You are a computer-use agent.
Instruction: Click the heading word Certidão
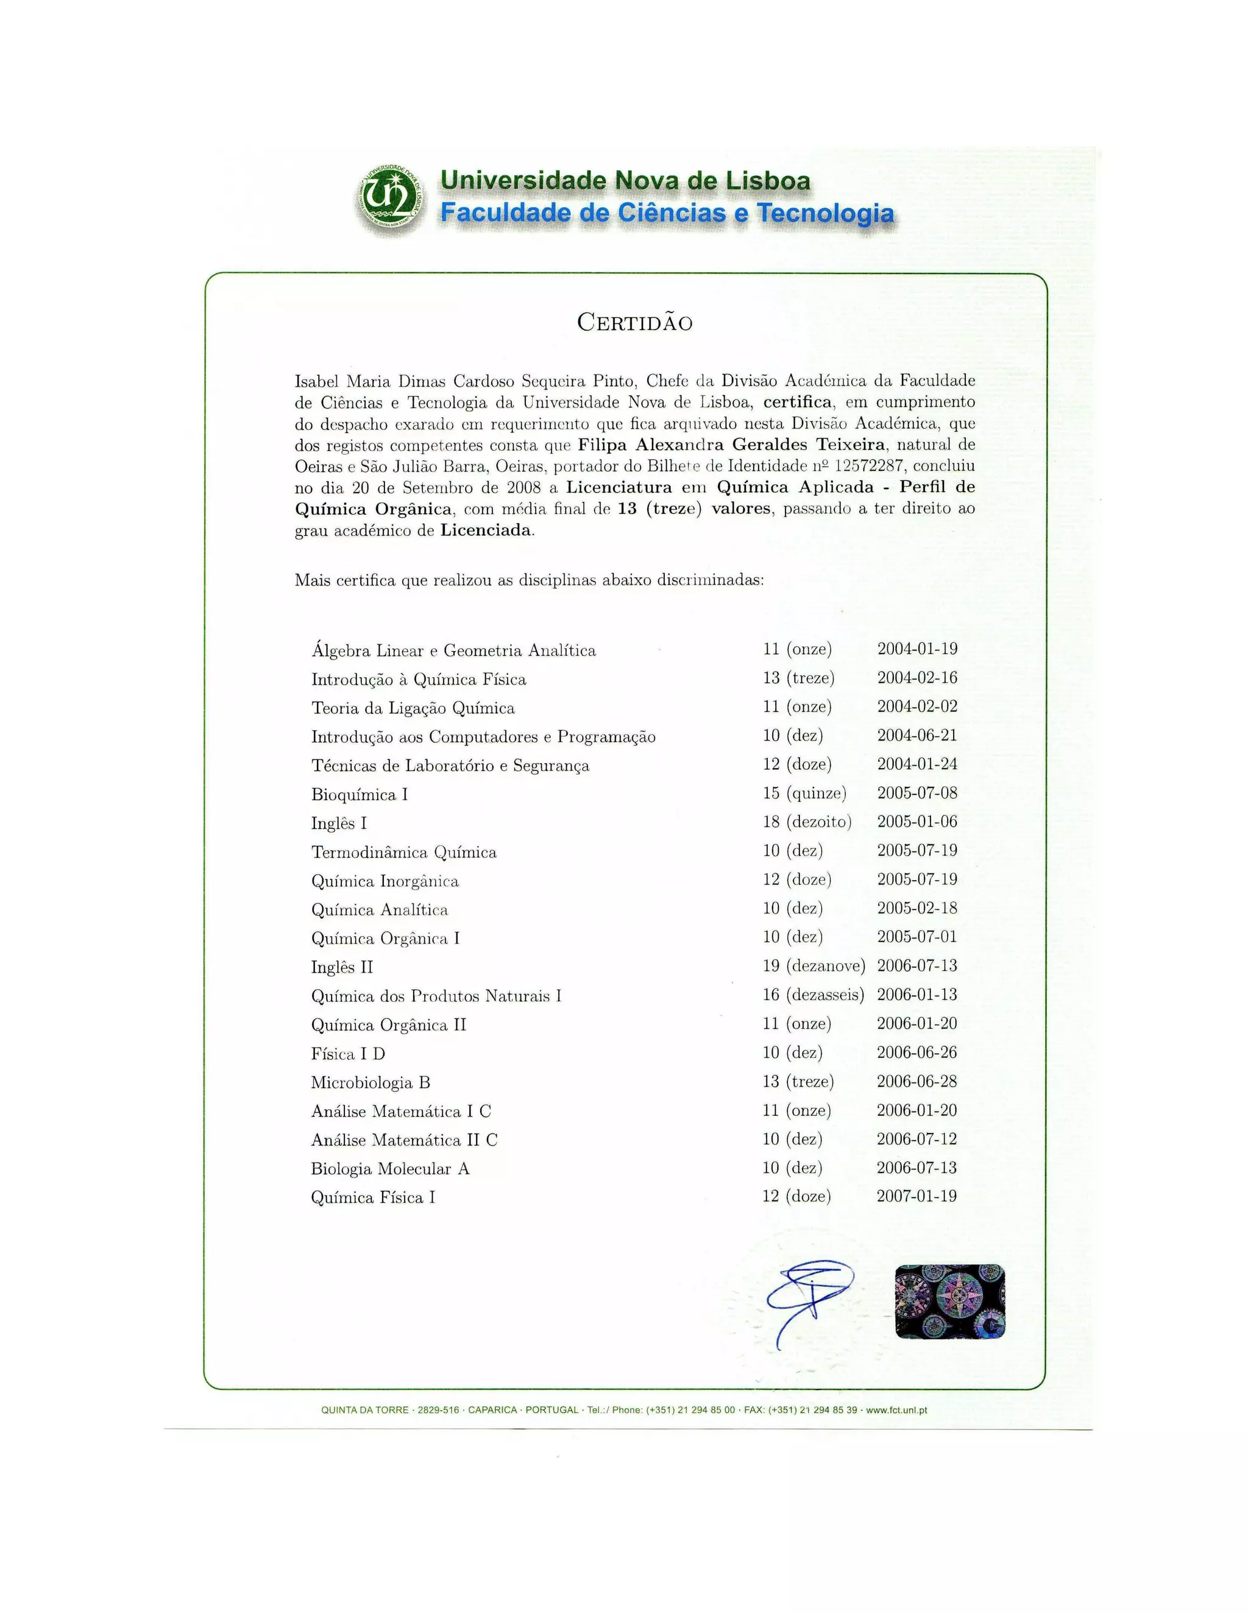click(x=634, y=323)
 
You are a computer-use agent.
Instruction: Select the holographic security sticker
click(x=949, y=1302)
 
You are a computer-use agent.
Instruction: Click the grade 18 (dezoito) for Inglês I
click(x=807, y=822)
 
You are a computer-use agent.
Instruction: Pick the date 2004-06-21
click(x=916, y=735)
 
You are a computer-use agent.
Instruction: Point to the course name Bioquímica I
click(x=360, y=794)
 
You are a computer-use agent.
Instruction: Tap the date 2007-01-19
click(x=916, y=1196)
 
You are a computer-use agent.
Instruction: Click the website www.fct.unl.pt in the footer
click(x=896, y=1410)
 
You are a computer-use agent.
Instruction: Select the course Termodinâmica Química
click(x=403, y=852)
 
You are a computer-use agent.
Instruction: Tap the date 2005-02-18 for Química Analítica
click(x=916, y=908)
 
